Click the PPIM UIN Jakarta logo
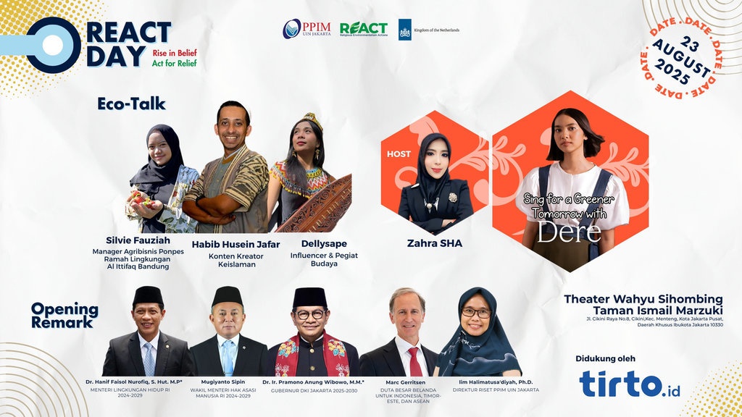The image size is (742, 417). pyautogui.click(x=306, y=29)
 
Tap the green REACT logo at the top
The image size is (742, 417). pyautogui.click(x=363, y=29)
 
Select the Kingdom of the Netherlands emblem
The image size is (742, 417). pyautogui.click(x=405, y=30)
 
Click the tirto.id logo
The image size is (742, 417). pyautogui.click(x=630, y=384)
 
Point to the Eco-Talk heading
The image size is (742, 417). pyautogui.click(x=131, y=104)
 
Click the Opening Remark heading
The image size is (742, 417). pyautogui.click(x=64, y=315)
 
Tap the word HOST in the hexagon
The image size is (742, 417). pyautogui.click(x=399, y=154)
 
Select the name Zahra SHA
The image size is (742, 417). pyautogui.click(x=435, y=243)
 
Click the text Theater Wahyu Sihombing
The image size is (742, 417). pyautogui.click(x=643, y=298)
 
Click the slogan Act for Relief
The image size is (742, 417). pyautogui.click(x=174, y=64)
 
